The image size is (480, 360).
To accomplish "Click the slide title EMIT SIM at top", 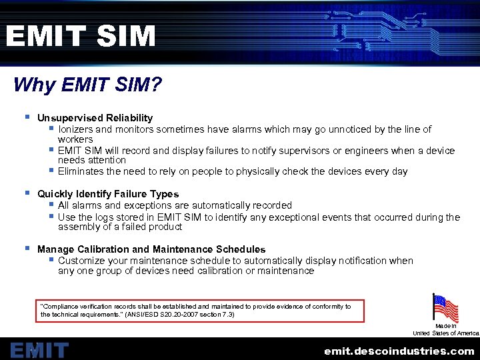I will (80, 36).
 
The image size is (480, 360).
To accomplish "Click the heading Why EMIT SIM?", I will (87, 85).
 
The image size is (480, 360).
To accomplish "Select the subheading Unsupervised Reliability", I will (95, 117).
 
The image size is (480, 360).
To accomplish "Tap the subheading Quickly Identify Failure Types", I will (108, 194).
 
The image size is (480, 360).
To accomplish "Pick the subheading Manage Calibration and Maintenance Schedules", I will (151, 249).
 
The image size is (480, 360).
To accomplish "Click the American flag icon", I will (445, 308).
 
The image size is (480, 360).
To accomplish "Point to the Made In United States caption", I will (445, 329).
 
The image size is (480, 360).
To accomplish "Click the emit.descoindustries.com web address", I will (399, 351).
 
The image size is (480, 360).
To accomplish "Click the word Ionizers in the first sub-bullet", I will (75, 129).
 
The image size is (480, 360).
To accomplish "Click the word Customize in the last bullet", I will (81, 261).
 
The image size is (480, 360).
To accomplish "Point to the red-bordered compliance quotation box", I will (200, 310).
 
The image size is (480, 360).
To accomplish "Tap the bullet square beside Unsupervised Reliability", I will (27, 117).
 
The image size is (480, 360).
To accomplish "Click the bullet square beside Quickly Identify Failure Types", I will (27, 193).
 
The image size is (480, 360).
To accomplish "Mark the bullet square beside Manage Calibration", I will (27, 249).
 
